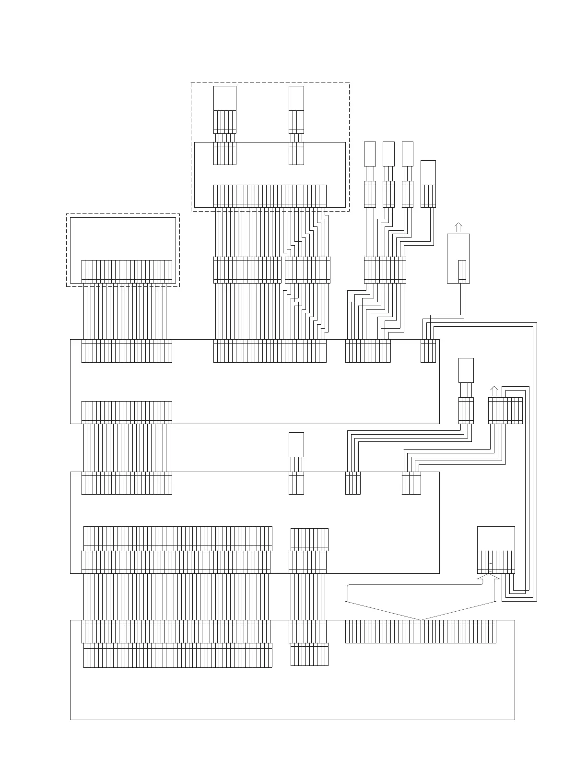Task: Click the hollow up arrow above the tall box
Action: tap(458, 227)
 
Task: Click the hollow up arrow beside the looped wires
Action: tap(494, 391)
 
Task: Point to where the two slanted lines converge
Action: tap(421, 619)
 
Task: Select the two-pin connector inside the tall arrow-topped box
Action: tap(462, 271)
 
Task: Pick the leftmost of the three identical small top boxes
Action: tap(370, 154)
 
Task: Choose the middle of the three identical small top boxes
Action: tap(388, 154)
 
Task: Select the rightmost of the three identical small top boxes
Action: tap(407, 154)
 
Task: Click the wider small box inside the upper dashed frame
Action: tap(224, 98)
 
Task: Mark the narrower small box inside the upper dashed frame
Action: tap(296, 98)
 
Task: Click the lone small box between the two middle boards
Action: tap(296, 444)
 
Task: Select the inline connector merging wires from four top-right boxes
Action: tap(385, 269)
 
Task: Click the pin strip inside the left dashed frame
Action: tap(127, 271)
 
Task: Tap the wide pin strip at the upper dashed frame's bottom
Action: tap(270, 196)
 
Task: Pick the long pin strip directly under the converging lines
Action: tap(421, 631)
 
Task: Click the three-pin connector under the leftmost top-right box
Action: tap(370, 194)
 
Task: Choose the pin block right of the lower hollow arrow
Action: tap(505, 410)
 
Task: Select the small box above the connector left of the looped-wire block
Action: tap(466, 370)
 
